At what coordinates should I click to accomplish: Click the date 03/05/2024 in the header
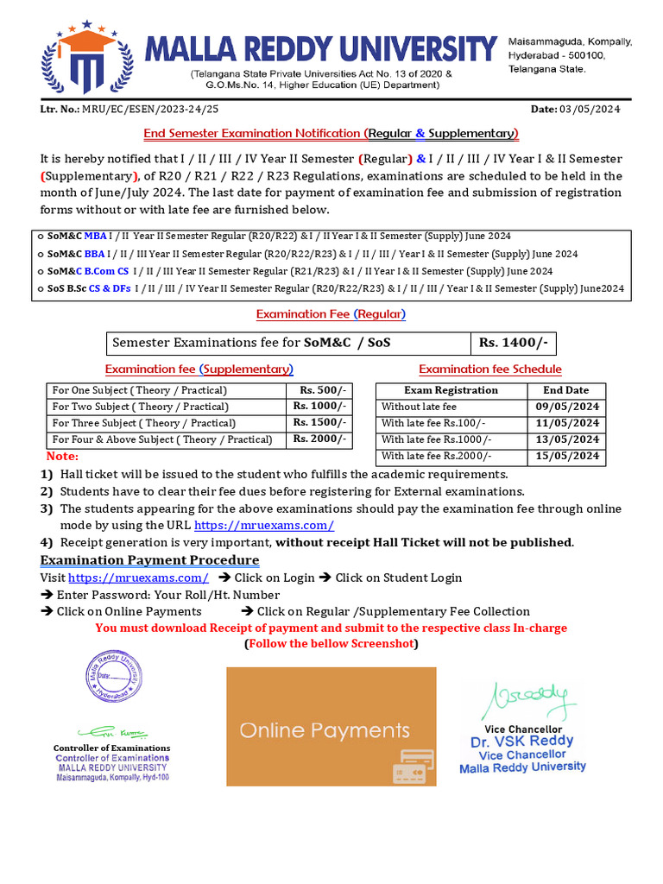tap(590, 109)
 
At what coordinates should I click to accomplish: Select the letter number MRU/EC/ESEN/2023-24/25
tap(150, 109)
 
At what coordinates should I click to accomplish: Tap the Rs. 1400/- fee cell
tap(513, 343)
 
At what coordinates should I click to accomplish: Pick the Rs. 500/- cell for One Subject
tap(319, 390)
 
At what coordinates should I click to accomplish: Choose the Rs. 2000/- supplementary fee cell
tap(319, 439)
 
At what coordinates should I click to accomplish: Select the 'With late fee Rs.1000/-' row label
tap(436, 439)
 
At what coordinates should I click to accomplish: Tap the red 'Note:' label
tap(62, 456)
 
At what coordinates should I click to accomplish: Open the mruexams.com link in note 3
tap(264, 525)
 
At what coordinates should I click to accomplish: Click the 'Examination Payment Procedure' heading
tap(150, 560)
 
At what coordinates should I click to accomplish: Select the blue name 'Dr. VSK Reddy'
tap(521, 742)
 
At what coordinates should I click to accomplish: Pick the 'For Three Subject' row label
tap(143, 423)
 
